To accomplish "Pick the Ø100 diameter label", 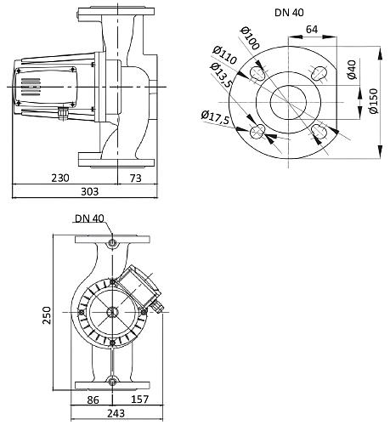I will pos(251,38).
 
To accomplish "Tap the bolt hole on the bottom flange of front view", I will pos(112,378).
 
